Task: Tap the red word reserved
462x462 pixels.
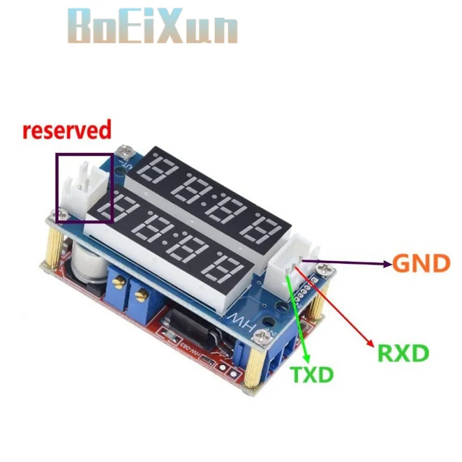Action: click(66, 130)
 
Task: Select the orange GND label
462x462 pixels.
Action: click(420, 264)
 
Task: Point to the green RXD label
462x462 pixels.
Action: click(403, 352)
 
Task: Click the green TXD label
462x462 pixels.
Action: click(312, 374)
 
